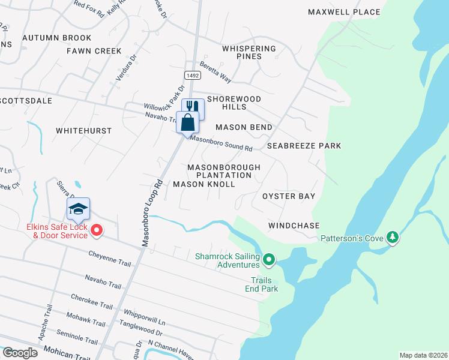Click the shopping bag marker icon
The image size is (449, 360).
pos(188,122)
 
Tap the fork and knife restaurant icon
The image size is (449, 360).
pos(193,108)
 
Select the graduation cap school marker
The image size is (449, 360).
pos(78,209)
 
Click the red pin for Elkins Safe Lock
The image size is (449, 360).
pos(96,229)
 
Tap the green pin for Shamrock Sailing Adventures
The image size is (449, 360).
pos(269,260)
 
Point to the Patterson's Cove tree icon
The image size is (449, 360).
pos(393,238)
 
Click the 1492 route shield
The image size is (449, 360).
pos(192,76)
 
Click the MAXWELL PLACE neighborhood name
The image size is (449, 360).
pos(344,12)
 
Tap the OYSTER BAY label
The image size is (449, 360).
pos(289,196)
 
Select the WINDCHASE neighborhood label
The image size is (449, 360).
pos(294,226)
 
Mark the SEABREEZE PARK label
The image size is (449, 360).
pos(304,146)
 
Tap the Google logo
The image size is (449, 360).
pos(19,353)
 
